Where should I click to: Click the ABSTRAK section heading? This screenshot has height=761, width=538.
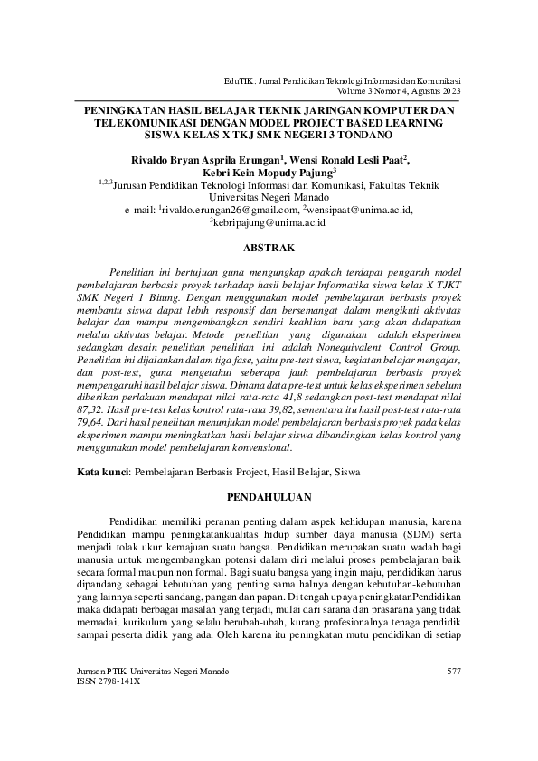coord(269,245)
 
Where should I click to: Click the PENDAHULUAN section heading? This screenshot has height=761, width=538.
coord(269,497)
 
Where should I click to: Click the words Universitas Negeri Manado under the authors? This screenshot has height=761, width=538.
coord(269,196)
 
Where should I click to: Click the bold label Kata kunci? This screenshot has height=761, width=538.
coord(102,472)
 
